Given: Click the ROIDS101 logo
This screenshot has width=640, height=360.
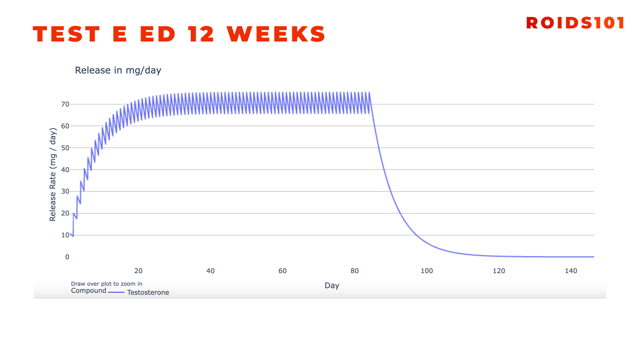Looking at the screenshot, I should [x=575, y=23].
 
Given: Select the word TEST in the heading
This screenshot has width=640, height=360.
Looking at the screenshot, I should [x=67, y=34].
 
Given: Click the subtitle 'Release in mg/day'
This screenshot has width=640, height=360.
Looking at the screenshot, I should [x=118, y=70].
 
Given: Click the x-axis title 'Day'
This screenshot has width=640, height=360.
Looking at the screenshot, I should [x=332, y=286].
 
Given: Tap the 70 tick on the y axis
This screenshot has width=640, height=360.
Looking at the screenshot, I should [x=65, y=104].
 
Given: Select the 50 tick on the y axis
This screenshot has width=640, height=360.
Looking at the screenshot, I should [x=65, y=147].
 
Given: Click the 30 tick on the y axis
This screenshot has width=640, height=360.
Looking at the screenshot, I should [x=65, y=191].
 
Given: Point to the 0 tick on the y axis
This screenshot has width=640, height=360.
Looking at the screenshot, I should [x=67, y=257].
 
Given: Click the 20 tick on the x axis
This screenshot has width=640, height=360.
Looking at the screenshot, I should [x=138, y=271].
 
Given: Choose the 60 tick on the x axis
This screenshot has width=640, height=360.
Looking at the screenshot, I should [x=283, y=271].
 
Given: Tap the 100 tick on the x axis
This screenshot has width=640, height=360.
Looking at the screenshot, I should [x=427, y=271].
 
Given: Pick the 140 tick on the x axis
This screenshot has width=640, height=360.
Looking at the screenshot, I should [x=571, y=271].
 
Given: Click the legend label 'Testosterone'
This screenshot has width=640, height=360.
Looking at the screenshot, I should [x=148, y=293].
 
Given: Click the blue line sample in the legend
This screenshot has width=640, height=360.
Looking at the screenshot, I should [x=116, y=293].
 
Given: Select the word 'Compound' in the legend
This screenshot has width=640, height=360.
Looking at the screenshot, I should [x=89, y=291].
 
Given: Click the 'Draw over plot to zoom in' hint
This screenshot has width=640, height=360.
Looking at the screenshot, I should [x=107, y=284].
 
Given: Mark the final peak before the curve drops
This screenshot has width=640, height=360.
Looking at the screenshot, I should [x=369, y=93].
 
